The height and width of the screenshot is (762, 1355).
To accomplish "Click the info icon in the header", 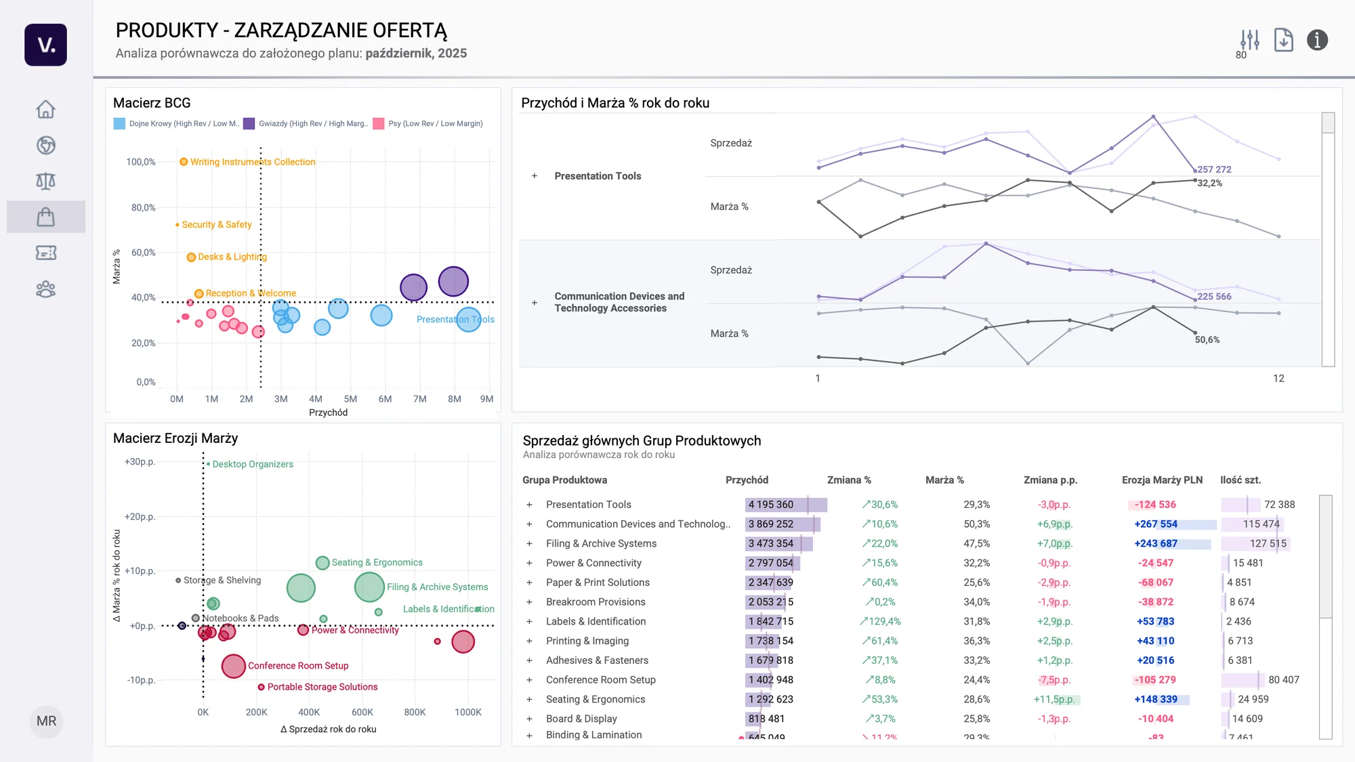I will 1317,41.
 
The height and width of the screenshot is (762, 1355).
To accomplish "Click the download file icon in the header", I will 1283,41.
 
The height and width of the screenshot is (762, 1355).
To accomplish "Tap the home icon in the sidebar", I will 45,109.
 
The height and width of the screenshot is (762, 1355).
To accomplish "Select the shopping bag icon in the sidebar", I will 45,217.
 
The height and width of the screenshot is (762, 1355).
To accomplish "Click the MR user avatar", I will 46,721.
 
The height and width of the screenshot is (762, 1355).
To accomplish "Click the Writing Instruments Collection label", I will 252,162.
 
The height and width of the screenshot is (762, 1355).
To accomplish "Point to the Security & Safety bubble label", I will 216,225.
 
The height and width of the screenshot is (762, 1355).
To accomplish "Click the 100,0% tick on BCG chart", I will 140,162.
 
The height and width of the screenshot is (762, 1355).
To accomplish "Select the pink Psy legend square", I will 379,124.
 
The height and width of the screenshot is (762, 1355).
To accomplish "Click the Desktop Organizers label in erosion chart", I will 253,465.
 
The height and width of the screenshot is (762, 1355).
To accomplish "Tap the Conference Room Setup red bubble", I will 233,666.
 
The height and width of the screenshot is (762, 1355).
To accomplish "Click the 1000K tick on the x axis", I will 467,713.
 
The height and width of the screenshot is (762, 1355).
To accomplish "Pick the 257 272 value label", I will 1214,169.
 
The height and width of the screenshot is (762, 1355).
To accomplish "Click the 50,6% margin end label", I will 1207,340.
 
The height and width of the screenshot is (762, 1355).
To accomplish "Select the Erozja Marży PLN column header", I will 1162,480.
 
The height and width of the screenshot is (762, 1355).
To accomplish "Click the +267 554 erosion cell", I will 1156,524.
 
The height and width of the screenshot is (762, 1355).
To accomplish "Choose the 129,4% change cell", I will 880,622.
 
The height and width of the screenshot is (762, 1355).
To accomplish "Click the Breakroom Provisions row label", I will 596,602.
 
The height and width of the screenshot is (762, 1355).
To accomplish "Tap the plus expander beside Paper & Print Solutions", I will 529,583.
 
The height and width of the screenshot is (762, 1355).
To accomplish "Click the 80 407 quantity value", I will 1283,680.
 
